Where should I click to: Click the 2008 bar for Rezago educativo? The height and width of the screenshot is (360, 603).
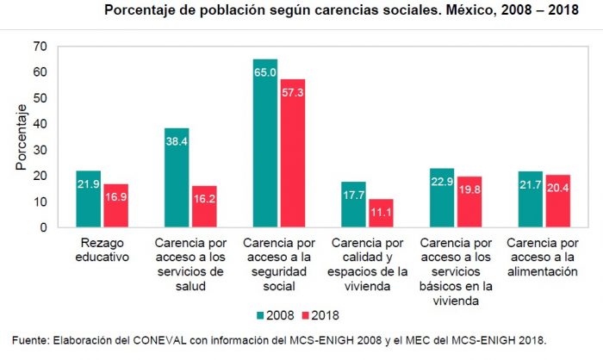point(88,199)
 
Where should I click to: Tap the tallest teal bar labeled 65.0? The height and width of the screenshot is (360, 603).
point(265,143)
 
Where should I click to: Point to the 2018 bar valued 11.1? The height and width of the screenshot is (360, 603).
point(381,213)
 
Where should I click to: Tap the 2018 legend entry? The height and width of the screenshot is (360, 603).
point(319,313)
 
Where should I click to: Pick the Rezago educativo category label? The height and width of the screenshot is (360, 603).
point(101,250)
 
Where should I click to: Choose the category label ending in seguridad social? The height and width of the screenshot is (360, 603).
point(279,264)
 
